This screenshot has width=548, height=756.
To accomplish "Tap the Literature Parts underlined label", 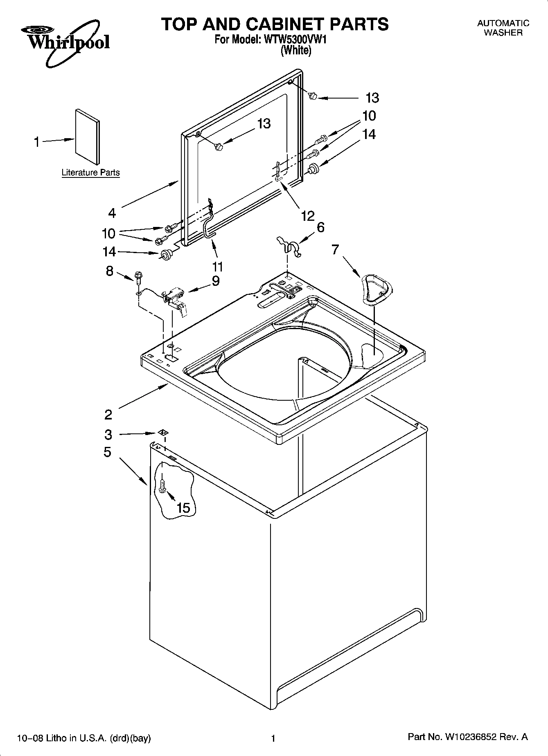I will (x=90, y=173).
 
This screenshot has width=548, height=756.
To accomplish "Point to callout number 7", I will (x=336, y=249).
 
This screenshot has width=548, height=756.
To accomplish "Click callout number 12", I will (x=308, y=215).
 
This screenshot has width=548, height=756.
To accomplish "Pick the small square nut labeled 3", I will (x=163, y=433).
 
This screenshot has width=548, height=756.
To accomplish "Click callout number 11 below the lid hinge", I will (x=217, y=267).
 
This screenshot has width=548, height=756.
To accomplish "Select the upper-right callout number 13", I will (x=372, y=98).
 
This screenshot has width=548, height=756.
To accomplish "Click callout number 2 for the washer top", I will (x=108, y=415).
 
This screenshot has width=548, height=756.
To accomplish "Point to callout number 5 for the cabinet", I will (x=107, y=452).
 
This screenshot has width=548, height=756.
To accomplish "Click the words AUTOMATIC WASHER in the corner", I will (x=503, y=28).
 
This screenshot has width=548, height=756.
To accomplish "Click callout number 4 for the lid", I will (x=112, y=213).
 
